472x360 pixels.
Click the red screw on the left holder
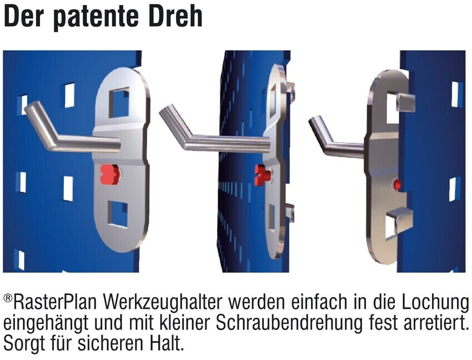(109, 174)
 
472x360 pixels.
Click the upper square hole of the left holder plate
(119, 102)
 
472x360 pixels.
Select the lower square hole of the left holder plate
(118, 214)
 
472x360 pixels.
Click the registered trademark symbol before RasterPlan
(8, 298)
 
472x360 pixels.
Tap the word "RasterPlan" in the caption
(55, 302)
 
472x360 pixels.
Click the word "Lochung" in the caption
(435, 302)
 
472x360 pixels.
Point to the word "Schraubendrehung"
(289, 323)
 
